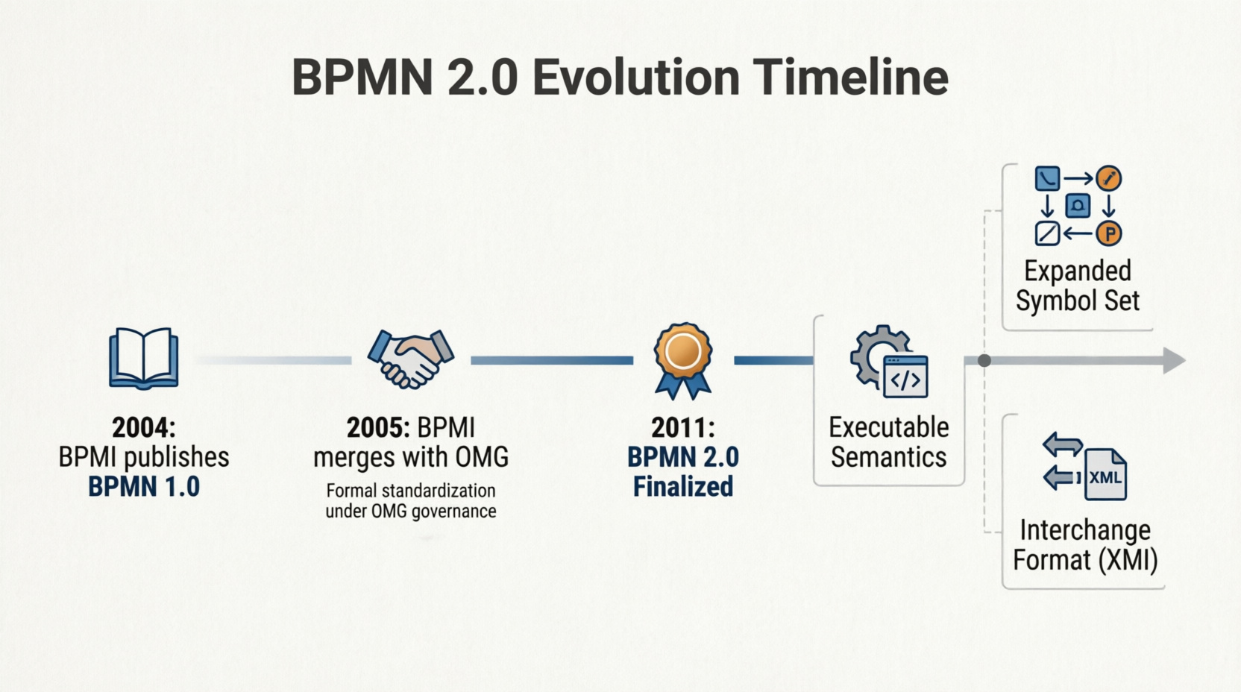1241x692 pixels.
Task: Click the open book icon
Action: (143, 359)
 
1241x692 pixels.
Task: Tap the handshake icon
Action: (410, 359)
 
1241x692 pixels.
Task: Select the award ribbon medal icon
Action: (682, 361)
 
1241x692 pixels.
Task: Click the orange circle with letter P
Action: (1109, 234)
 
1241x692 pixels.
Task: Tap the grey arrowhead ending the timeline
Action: (1174, 361)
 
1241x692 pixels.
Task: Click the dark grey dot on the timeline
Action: (984, 361)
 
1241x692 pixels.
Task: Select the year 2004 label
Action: (143, 428)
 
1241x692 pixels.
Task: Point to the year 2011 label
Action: (682, 428)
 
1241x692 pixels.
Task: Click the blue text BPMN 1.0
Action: (144, 487)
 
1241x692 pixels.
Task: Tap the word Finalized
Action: (683, 487)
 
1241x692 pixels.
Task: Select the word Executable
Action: (889, 428)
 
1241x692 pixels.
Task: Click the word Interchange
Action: (1085, 530)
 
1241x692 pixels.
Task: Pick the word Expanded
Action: (1078, 271)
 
